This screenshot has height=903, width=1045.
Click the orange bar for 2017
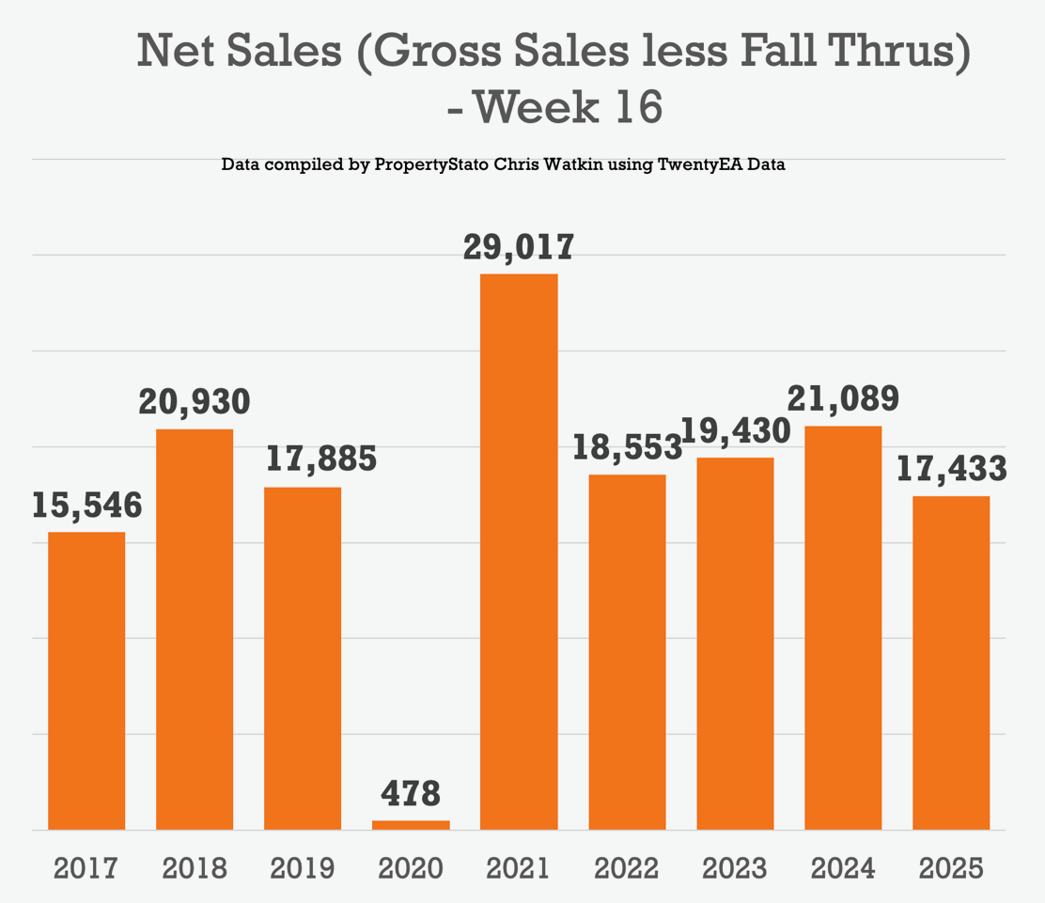86,680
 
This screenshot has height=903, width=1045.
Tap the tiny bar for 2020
411,825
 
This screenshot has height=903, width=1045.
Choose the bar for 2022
627,652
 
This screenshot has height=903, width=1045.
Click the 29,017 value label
519,247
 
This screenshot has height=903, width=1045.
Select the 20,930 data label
195,402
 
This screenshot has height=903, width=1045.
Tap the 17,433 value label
951,468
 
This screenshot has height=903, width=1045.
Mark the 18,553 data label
627,447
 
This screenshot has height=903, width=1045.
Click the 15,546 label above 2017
86,506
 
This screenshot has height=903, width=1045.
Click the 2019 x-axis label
303,867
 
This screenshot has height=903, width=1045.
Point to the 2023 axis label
735,867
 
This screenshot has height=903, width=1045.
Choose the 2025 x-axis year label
951,867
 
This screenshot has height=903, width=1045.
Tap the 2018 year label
195,867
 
